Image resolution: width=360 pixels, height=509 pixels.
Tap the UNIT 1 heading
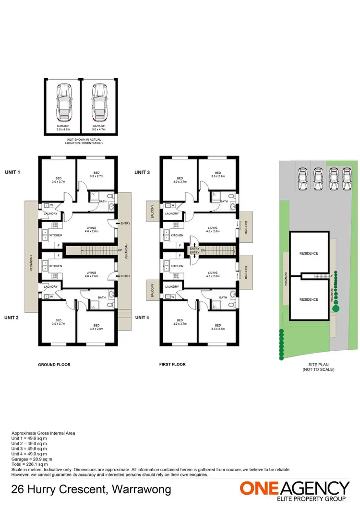pos(12,172)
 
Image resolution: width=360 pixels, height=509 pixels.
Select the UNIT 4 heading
pos(142,317)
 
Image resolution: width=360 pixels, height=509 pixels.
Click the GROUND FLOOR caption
pos(54,365)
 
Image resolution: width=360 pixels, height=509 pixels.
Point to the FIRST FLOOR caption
pos(172,365)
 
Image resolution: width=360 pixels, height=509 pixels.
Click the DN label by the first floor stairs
pos(204,250)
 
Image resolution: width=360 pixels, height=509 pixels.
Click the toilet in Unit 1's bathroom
pos(110,196)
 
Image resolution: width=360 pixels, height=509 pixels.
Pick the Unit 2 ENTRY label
pos(125,276)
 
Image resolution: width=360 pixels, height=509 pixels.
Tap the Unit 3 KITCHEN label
pos(177,235)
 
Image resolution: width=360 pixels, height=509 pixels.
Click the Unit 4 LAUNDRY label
pos(172,287)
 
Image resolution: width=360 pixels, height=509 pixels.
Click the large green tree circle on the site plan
pos(336,309)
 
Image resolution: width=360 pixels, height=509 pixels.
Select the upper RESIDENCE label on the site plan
pos(309,253)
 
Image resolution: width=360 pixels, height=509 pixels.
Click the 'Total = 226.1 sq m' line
pos(29,464)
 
